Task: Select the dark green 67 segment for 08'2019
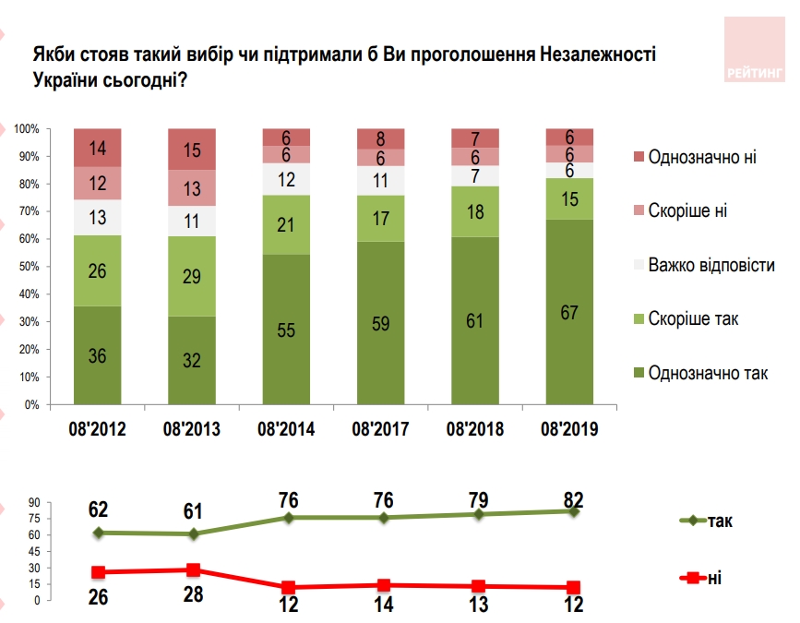[569, 312]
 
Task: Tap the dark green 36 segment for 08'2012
[98, 354]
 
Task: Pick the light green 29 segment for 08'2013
[191, 276]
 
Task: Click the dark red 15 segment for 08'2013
[191, 150]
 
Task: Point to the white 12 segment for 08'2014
[286, 179]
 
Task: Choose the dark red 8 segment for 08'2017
[381, 139]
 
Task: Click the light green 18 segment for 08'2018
[475, 211]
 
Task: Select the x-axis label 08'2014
[286, 428]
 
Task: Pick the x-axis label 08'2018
[475, 428]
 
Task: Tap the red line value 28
[193, 594]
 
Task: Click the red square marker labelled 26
[98, 573]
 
